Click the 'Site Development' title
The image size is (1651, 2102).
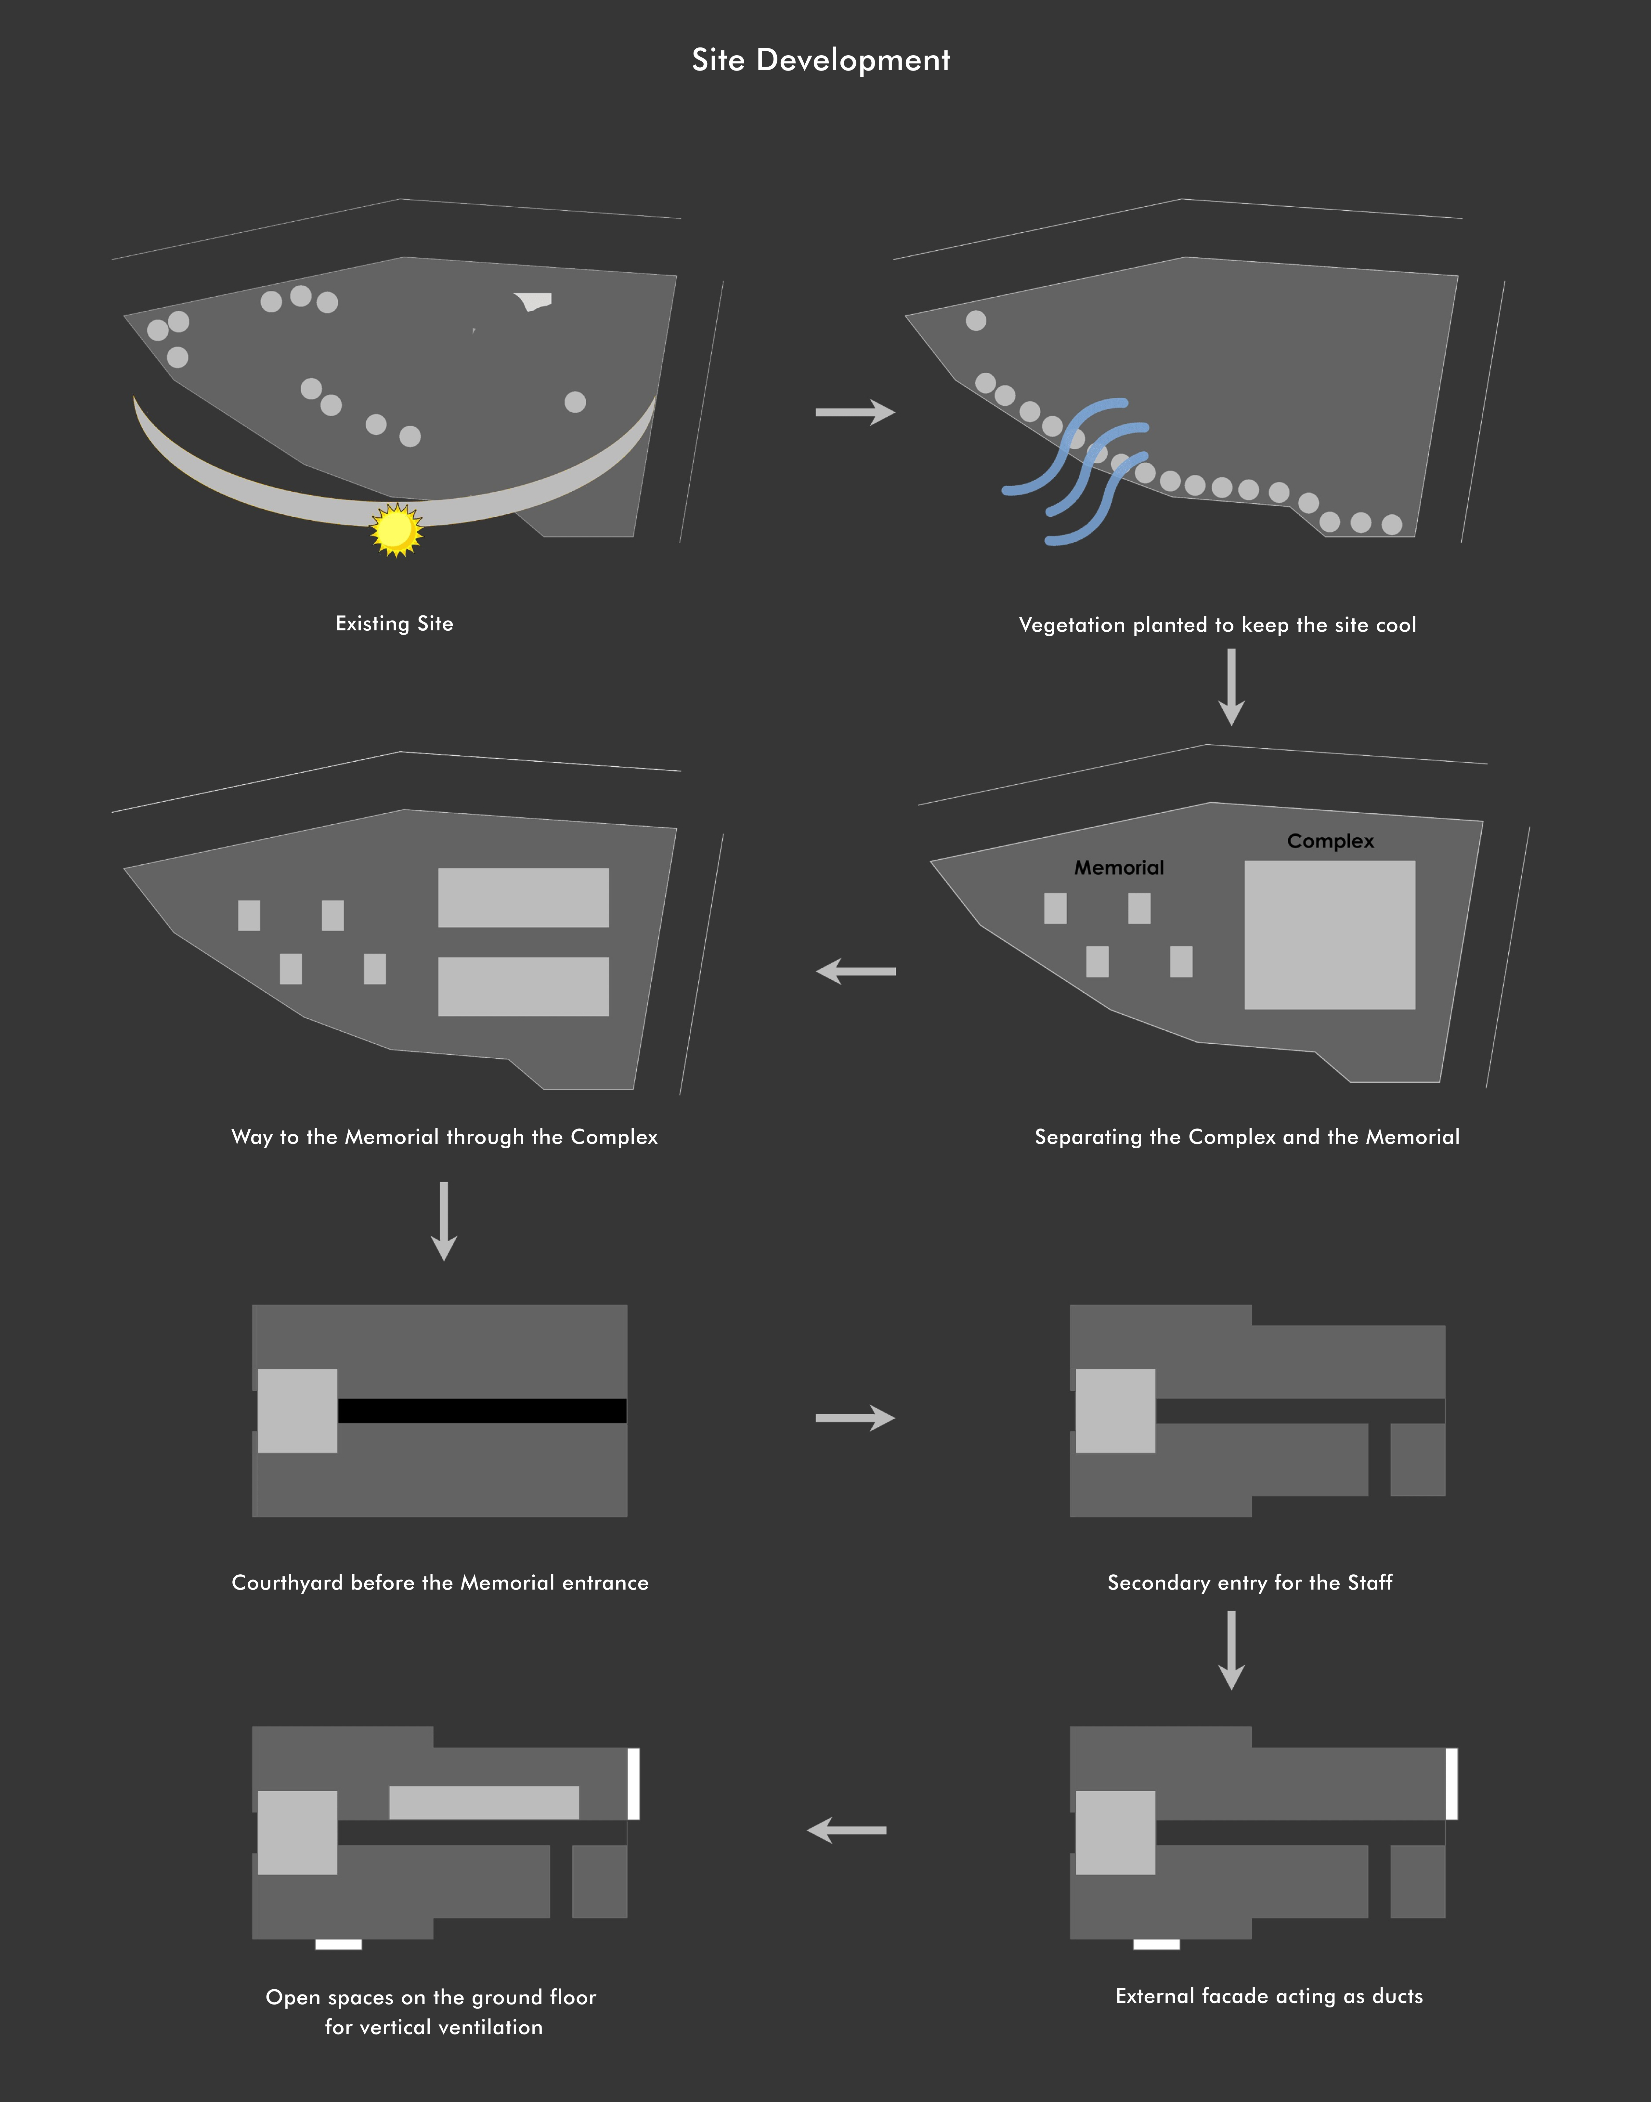click(821, 60)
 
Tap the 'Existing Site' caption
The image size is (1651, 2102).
click(394, 623)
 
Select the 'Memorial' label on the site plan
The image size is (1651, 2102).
click(1119, 868)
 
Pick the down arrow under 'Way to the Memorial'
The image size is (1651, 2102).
click(444, 1221)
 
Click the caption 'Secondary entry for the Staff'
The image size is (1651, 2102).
click(1250, 1582)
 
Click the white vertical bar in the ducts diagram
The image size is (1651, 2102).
click(1452, 1783)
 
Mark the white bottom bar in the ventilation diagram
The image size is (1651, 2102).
click(338, 1943)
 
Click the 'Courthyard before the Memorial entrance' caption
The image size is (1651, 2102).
click(440, 1582)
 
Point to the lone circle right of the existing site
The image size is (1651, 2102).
click(575, 402)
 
